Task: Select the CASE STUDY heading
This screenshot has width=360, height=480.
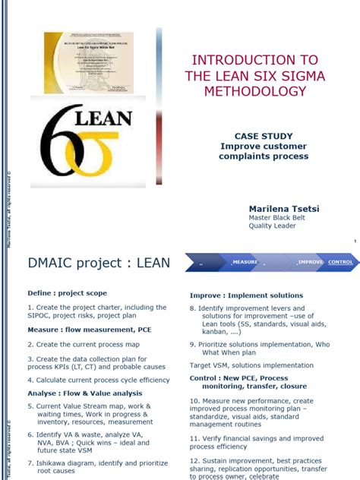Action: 264,136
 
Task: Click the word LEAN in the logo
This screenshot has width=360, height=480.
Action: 104,118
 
